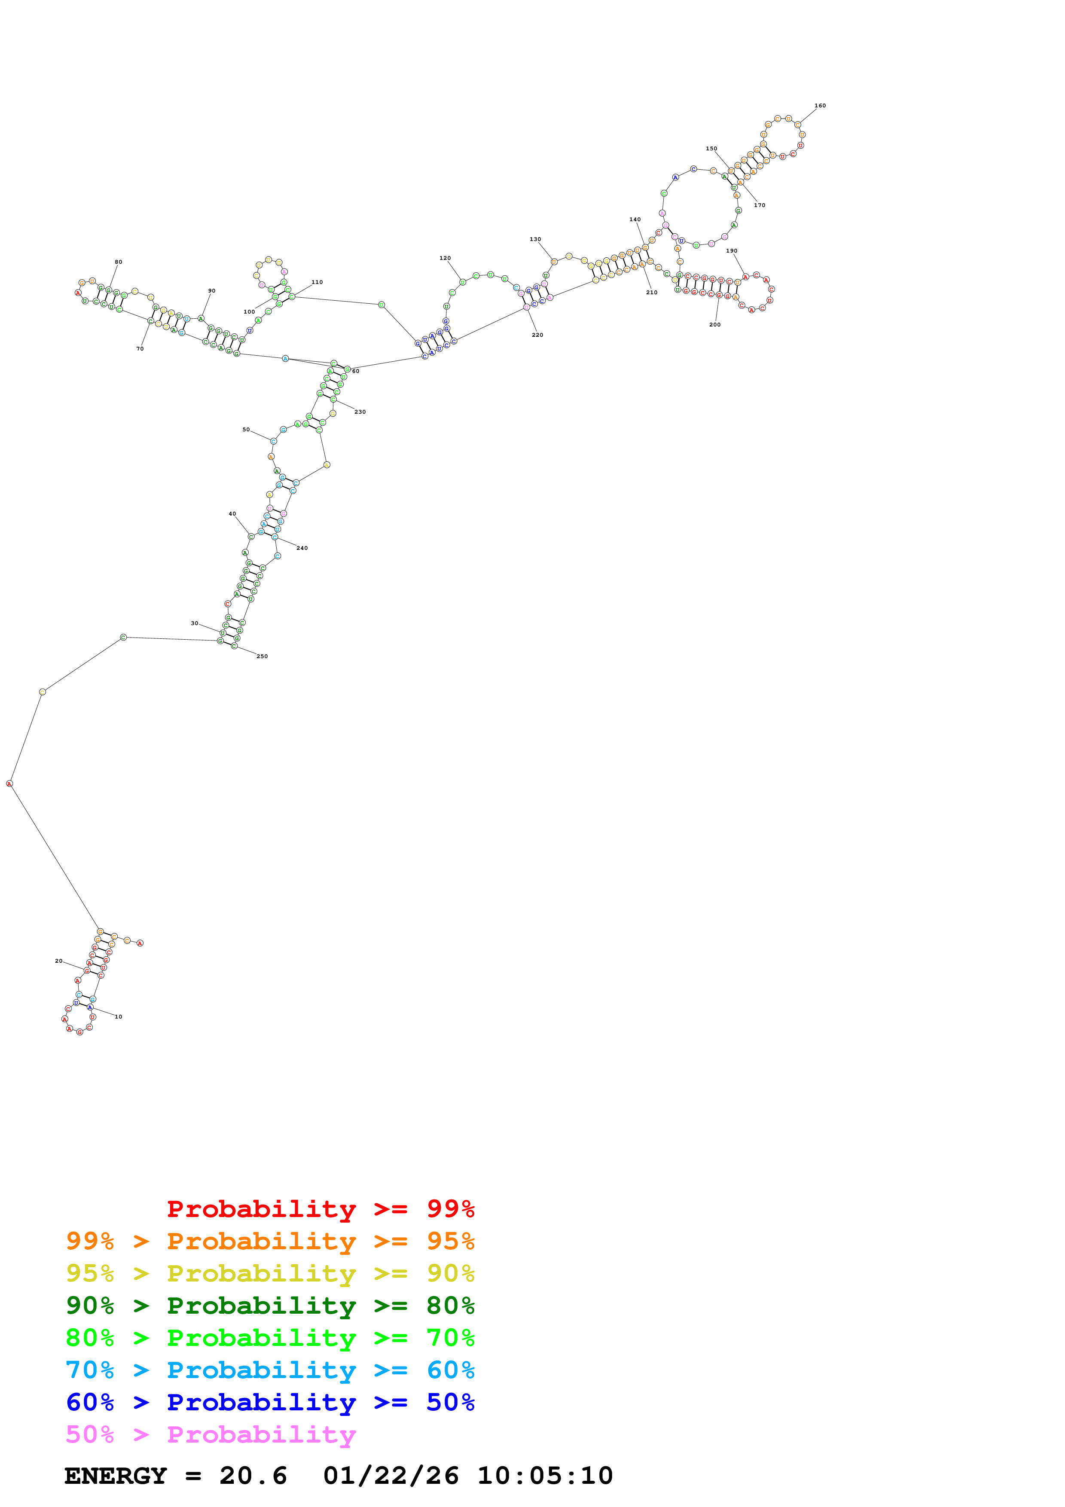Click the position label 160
(820, 106)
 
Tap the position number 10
(118, 1017)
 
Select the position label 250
(262, 656)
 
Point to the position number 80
(118, 262)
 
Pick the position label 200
(714, 324)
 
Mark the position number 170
(759, 205)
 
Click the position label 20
(58, 961)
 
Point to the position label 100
(249, 312)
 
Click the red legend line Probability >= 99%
(320, 1208)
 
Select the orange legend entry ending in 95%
(270, 1241)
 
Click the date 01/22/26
(391, 1476)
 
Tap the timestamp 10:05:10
(545, 1476)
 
